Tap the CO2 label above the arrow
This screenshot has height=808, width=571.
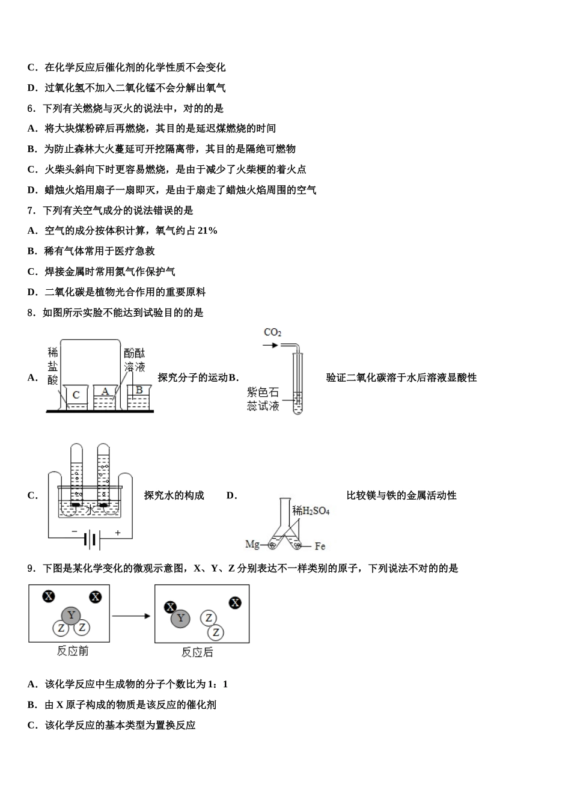[x=272, y=332]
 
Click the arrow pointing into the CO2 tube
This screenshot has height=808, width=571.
[x=270, y=345]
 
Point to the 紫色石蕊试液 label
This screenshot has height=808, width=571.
[x=263, y=399]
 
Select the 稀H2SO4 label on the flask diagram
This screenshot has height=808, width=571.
[x=311, y=511]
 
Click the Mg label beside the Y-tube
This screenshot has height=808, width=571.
[x=252, y=544]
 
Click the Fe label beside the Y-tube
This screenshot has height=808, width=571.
[x=320, y=546]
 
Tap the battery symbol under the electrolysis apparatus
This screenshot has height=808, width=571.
[x=91, y=539]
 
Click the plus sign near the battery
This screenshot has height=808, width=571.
[x=118, y=533]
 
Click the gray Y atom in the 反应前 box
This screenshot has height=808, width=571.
[x=72, y=615]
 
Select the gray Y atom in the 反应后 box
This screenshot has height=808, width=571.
[x=180, y=618]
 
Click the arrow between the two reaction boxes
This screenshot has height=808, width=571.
[x=131, y=616]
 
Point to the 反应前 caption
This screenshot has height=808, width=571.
[x=73, y=650]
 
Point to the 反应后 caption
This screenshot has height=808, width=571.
[x=197, y=652]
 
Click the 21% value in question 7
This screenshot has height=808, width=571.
[x=207, y=231]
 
